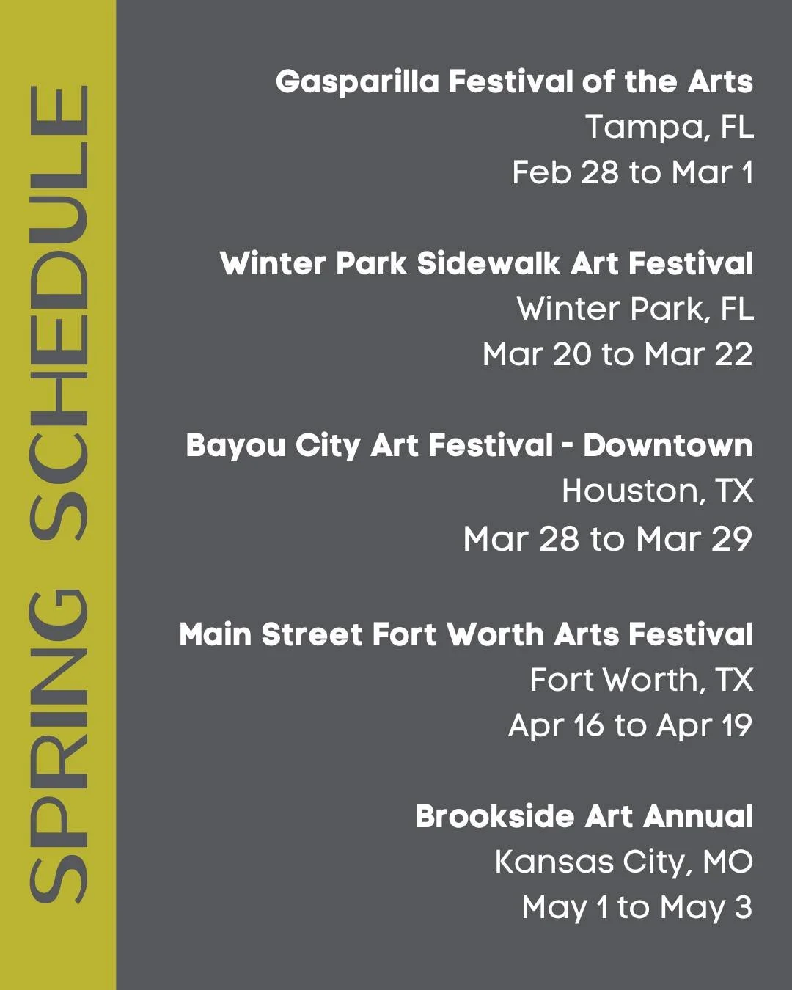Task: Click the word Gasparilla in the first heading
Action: pos(357,82)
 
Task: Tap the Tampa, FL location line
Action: pos(669,127)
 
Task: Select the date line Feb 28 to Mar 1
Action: pos(632,173)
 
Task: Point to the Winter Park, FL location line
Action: pos(635,309)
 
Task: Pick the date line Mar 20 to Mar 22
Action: pos(617,355)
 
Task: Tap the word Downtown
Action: pos(667,445)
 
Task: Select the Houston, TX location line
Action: pos(657,491)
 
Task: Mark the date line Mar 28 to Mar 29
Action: pos(608,539)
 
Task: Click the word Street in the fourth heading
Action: pos(311,635)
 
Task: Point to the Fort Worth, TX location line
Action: pos(641,681)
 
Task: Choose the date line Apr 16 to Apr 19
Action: pos(630,726)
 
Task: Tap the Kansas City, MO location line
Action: pos(623,862)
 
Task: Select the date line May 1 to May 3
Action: pos(637,908)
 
